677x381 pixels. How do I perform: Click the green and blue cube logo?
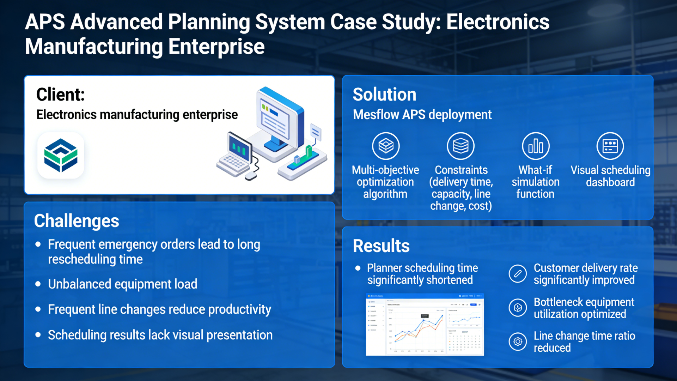[x=61, y=155]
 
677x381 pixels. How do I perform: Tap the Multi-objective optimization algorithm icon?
[x=386, y=146]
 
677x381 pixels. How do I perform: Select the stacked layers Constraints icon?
[x=461, y=146]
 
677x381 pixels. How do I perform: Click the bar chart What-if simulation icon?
[x=536, y=146]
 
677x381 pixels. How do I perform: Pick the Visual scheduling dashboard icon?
[x=610, y=146]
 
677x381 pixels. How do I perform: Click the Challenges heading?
[x=77, y=221]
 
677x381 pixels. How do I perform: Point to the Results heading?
[x=381, y=246]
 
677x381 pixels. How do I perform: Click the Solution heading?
[x=384, y=95]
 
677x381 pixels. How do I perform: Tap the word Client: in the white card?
[x=60, y=95]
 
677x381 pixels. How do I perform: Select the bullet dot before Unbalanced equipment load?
[x=38, y=284]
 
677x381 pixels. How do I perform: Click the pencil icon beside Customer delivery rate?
[x=518, y=274]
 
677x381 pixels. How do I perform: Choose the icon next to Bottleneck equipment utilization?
[x=518, y=308]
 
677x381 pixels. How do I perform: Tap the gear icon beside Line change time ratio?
[x=518, y=341]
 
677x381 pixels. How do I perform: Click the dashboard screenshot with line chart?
[x=425, y=325]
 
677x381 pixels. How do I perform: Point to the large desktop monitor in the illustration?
[x=279, y=120]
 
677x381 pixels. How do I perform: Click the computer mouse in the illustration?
[x=251, y=176]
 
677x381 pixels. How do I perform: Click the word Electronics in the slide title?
[x=498, y=22]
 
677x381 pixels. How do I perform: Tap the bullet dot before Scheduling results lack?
[x=38, y=335]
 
